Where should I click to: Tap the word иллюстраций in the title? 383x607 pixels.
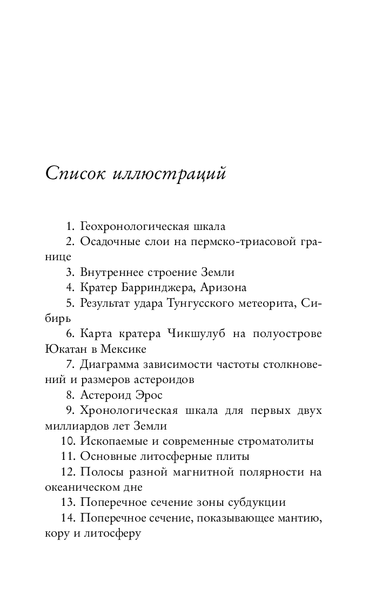click(171, 174)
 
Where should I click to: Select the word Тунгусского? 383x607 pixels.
click(213, 303)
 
